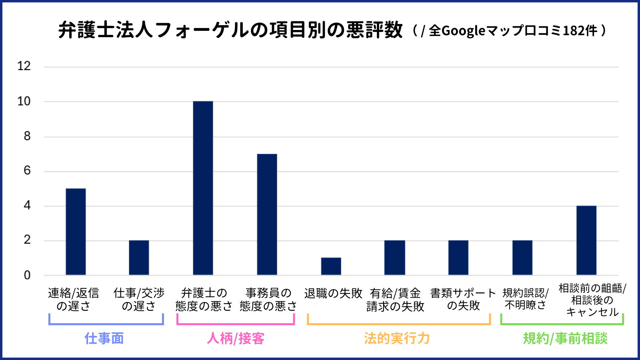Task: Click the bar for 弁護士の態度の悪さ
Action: coord(203,188)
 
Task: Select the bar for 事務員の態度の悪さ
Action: coord(267,214)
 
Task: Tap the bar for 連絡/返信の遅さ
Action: coord(76,232)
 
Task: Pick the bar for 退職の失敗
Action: coord(331,266)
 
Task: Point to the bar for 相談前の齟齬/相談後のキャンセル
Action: coord(586,240)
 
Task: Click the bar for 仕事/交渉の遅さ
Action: coord(139,258)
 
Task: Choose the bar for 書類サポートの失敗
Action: coord(458,258)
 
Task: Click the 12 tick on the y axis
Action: coord(24,66)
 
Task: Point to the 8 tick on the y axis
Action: coord(27,136)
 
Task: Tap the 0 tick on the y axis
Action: coord(27,275)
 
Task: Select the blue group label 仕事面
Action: coord(104,338)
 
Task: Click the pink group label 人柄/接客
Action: coord(236,338)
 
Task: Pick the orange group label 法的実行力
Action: coord(397,338)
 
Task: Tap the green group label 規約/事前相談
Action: coord(565,338)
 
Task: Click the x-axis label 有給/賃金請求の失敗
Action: coord(395,300)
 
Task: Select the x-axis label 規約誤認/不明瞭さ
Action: coord(525,299)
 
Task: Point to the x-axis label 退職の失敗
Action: coord(333,293)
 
